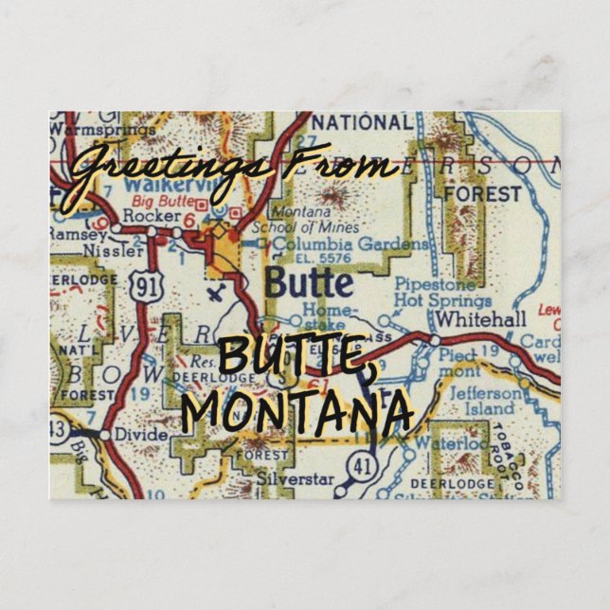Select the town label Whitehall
click(x=483, y=319)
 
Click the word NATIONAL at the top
click(x=362, y=123)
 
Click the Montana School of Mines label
click(x=314, y=221)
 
